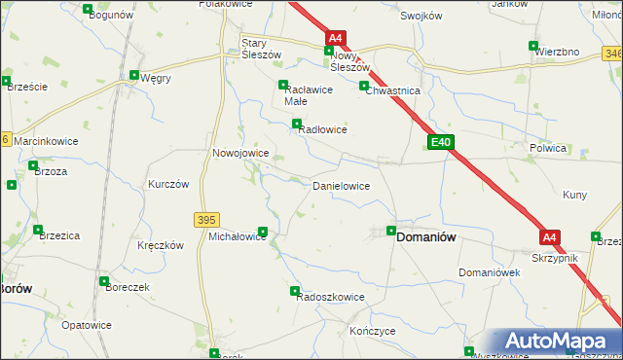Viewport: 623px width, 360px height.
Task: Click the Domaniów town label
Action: coord(426,236)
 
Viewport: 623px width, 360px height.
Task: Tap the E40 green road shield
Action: coord(441,142)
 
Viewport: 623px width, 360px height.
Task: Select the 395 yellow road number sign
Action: coord(205,220)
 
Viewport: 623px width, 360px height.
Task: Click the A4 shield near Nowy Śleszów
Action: coord(335,38)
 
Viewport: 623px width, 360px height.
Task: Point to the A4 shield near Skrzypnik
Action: coord(550,236)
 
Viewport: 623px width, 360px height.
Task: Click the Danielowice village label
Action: coord(340,185)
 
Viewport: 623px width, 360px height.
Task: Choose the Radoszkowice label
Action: coord(331,298)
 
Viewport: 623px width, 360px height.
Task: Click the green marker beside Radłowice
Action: coord(297,123)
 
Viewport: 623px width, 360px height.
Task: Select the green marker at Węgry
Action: coord(133,75)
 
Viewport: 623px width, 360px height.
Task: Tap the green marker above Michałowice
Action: coord(263,231)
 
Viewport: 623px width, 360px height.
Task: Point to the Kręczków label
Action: coord(161,246)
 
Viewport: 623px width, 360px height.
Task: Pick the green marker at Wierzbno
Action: coord(532,45)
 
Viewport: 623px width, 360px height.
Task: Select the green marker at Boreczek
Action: coord(103,281)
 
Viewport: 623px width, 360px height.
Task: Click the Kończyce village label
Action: coord(371,331)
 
